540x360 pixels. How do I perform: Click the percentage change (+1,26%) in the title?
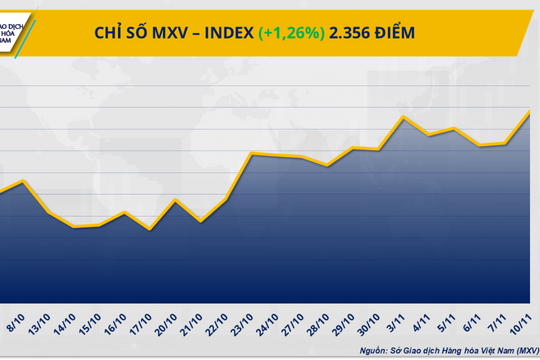tap(291, 33)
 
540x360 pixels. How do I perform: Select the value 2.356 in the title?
tap(352, 33)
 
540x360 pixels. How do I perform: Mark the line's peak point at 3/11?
tap(402, 117)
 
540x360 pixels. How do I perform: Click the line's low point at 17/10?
tap(149, 230)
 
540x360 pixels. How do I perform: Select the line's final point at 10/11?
tap(530, 111)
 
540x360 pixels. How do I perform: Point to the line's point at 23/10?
tap(250, 154)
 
